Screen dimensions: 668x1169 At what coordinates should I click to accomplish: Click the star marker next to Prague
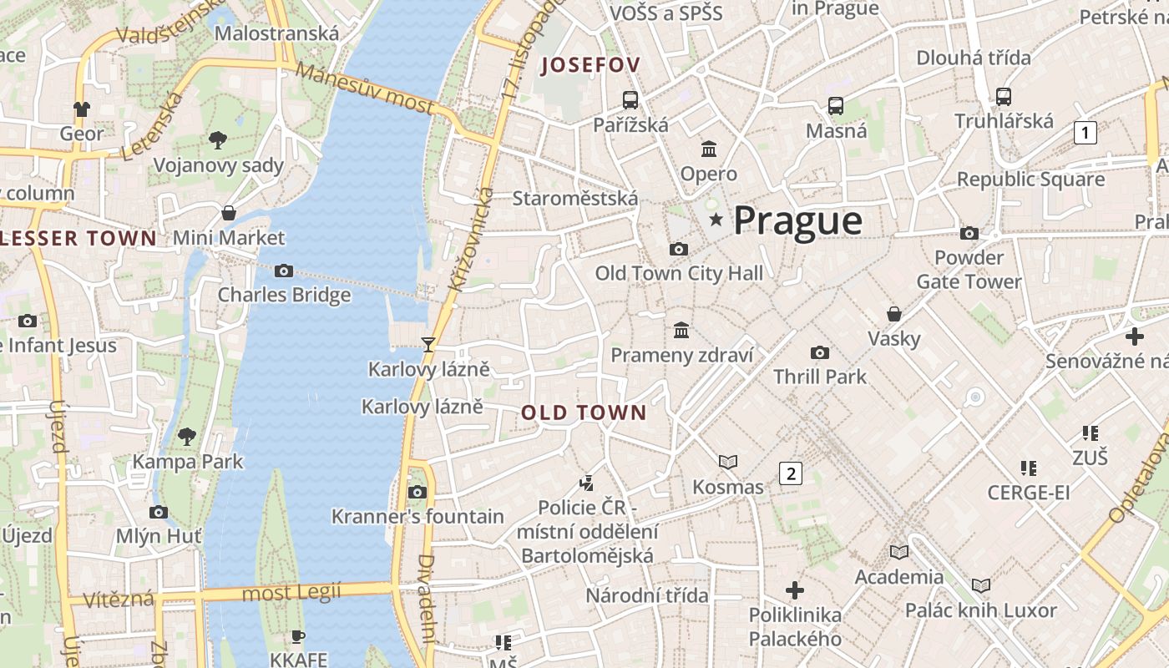pos(716,220)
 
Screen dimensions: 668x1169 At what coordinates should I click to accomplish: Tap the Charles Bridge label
pos(284,295)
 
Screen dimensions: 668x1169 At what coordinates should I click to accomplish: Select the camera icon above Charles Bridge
pos(284,271)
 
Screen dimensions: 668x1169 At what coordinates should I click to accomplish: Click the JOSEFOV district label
pos(590,65)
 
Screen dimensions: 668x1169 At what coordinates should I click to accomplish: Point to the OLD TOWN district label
pos(584,412)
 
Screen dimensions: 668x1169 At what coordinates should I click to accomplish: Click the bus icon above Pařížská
pos(630,100)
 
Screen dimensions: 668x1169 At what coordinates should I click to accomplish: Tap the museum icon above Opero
pos(709,149)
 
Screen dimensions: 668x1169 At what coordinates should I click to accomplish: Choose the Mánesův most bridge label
pos(365,89)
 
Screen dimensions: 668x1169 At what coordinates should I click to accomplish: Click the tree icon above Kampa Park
pos(187,436)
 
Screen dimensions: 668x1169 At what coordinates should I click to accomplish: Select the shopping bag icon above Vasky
pos(893,314)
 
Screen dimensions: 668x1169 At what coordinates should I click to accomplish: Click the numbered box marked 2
pos(790,473)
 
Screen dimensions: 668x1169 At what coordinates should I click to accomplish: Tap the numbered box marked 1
pos(1085,132)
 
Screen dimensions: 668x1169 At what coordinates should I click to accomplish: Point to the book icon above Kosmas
pos(728,462)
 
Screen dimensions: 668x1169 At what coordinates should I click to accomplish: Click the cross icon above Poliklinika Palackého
pos(795,590)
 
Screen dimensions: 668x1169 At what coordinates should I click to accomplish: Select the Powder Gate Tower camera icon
pos(969,233)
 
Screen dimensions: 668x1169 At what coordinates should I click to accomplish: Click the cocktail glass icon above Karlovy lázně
pos(428,344)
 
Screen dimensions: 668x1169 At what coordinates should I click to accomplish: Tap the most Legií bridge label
pos(291,594)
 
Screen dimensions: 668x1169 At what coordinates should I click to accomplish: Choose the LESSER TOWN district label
pos(78,238)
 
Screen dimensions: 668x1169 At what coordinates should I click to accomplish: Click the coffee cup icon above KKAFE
pos(298,636)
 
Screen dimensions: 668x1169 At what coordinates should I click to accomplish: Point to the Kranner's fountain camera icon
pos(417,492)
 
